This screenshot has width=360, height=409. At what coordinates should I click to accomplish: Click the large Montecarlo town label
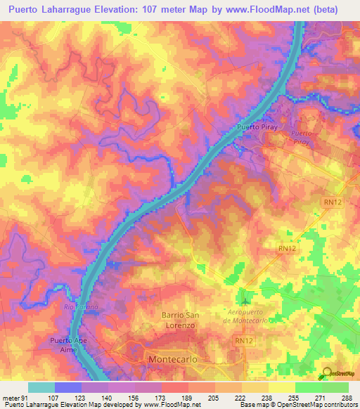(x=178, y=358)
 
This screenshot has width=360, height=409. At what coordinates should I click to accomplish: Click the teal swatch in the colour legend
(x=41, y=387)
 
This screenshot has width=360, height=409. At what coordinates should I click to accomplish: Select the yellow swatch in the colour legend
(x=281, y=387)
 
